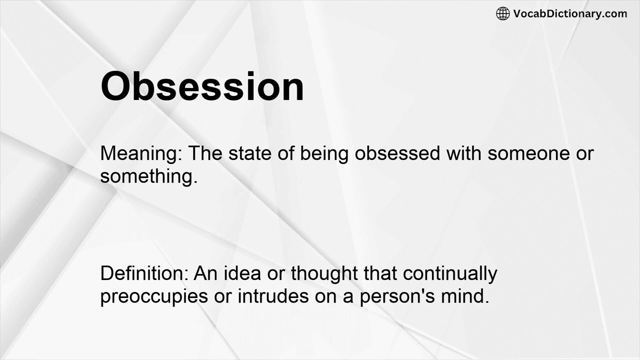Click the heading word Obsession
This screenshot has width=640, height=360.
point(202,87)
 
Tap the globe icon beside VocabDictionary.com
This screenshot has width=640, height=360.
point(502,14)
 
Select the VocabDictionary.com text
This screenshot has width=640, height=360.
point(570,14)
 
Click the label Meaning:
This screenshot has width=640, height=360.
point(141,154)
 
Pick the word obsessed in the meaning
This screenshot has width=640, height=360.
point(397,153)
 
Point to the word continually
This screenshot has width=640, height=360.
point(450,274)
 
